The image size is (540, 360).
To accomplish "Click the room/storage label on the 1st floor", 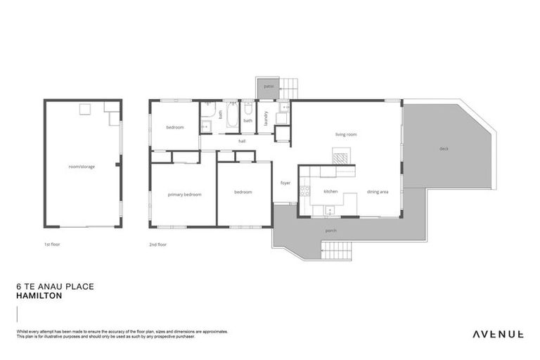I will coord(82,167).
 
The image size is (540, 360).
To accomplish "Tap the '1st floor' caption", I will coord(51,245).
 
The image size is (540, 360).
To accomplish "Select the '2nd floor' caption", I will coord(157,245).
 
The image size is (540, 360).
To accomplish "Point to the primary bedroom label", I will coord(184,194).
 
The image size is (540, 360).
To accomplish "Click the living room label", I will coord(345,134).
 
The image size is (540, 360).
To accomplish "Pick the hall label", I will coord(242,141).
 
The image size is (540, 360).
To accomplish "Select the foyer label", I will coord(285,183).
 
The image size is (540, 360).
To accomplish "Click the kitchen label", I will coord(331,191).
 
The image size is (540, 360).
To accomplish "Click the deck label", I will coord(444,148).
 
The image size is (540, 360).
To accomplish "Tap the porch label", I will coord(330,231).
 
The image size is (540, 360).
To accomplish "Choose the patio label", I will coord(268,87).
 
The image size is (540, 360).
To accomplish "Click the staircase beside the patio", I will coord(290,88).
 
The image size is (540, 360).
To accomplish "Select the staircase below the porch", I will coord(336,250).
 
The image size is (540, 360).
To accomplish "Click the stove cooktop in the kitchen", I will coord(304,191).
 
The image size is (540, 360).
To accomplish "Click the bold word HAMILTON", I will coord(39,296).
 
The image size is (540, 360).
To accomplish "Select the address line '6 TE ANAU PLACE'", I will coord(54,287).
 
